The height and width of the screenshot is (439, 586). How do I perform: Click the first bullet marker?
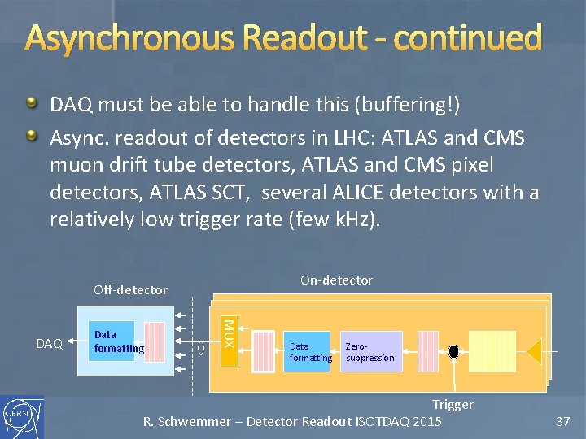coord(31,103)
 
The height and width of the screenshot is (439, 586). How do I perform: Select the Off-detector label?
coord(130,289)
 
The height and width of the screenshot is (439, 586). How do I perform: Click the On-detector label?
coord(336,280)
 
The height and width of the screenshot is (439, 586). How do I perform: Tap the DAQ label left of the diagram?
coord(49,344)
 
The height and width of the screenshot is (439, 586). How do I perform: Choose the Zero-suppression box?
coord(370,351)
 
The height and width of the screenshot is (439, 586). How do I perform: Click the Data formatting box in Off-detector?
coord(113,341)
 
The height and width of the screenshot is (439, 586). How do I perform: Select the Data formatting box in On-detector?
coord(310,351)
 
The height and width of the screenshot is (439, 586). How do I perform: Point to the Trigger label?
coord(453,404)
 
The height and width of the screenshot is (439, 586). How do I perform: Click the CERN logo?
coord(22,418)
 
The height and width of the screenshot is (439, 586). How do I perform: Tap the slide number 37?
coord(562,421)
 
